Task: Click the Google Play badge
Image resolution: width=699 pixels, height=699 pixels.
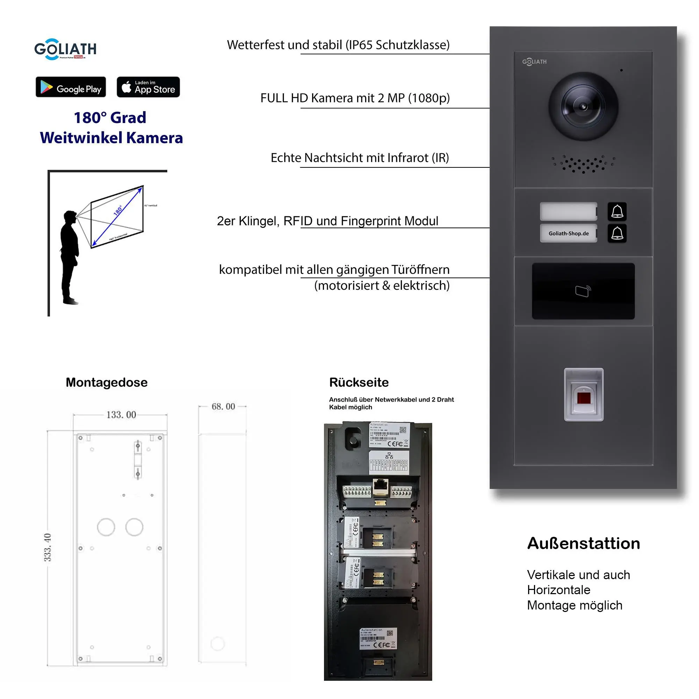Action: [x=71, y=87]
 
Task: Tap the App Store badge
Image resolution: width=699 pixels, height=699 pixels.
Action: [x=148, y=87]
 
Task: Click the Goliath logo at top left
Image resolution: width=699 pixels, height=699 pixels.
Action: [x=65, y=49]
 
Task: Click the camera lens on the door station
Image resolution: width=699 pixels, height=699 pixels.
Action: [x=583, y=107]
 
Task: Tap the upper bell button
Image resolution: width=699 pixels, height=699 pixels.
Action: [x=617, y=211]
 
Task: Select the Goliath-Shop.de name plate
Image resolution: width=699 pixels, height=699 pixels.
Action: [x=568, y=233]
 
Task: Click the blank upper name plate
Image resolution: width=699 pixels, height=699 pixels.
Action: [x=568, y=211]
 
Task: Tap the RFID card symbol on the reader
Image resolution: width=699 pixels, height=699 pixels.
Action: [x=583, y=291]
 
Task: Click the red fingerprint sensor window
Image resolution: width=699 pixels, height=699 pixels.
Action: [x=584, y=398]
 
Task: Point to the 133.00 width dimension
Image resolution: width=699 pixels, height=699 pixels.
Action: [x=121, y=415]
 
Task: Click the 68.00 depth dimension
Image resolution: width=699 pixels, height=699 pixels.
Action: [x=223, y=406]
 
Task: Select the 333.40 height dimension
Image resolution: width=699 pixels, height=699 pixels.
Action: [x=48, y=547]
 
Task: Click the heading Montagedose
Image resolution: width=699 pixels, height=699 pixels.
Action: [x=106, y=382]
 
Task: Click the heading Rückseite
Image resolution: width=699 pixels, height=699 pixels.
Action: [x=359, y=382]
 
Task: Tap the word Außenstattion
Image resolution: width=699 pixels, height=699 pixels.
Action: [x=583, y=543]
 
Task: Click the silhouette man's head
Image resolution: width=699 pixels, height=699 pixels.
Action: [x=70, y=217]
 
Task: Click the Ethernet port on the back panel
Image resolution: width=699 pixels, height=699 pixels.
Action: [x=380, y=486]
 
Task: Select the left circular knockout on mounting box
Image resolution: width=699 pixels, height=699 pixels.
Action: [x=106, y=527]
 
